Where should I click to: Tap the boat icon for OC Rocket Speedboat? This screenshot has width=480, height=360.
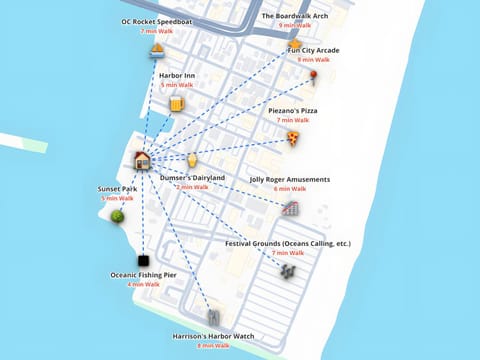point(157,50)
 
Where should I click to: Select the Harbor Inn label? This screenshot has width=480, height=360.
point(177,75)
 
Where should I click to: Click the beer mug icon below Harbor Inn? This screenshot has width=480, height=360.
point(177,104)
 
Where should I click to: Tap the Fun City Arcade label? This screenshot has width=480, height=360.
point(313,50)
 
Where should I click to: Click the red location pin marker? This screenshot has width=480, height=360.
point(313,76)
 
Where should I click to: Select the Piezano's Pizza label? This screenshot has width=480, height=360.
point(293,110)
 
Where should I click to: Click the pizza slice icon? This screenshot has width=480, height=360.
point(293,138)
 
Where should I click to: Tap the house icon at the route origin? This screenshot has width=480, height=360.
point(143,160)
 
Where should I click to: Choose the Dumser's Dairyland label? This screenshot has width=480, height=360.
point(192,177)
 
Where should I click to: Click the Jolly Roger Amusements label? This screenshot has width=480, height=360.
point(289,179)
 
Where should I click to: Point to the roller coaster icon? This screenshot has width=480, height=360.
point(290,209)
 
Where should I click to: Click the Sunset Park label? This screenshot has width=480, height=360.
point(117,188)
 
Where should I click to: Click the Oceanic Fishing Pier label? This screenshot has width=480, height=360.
point(143,274)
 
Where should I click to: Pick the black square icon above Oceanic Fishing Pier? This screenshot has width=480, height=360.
point(143,259)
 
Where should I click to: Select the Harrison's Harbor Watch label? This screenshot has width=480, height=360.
point(213,336)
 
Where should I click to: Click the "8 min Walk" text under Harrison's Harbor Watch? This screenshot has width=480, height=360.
point(213,346)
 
